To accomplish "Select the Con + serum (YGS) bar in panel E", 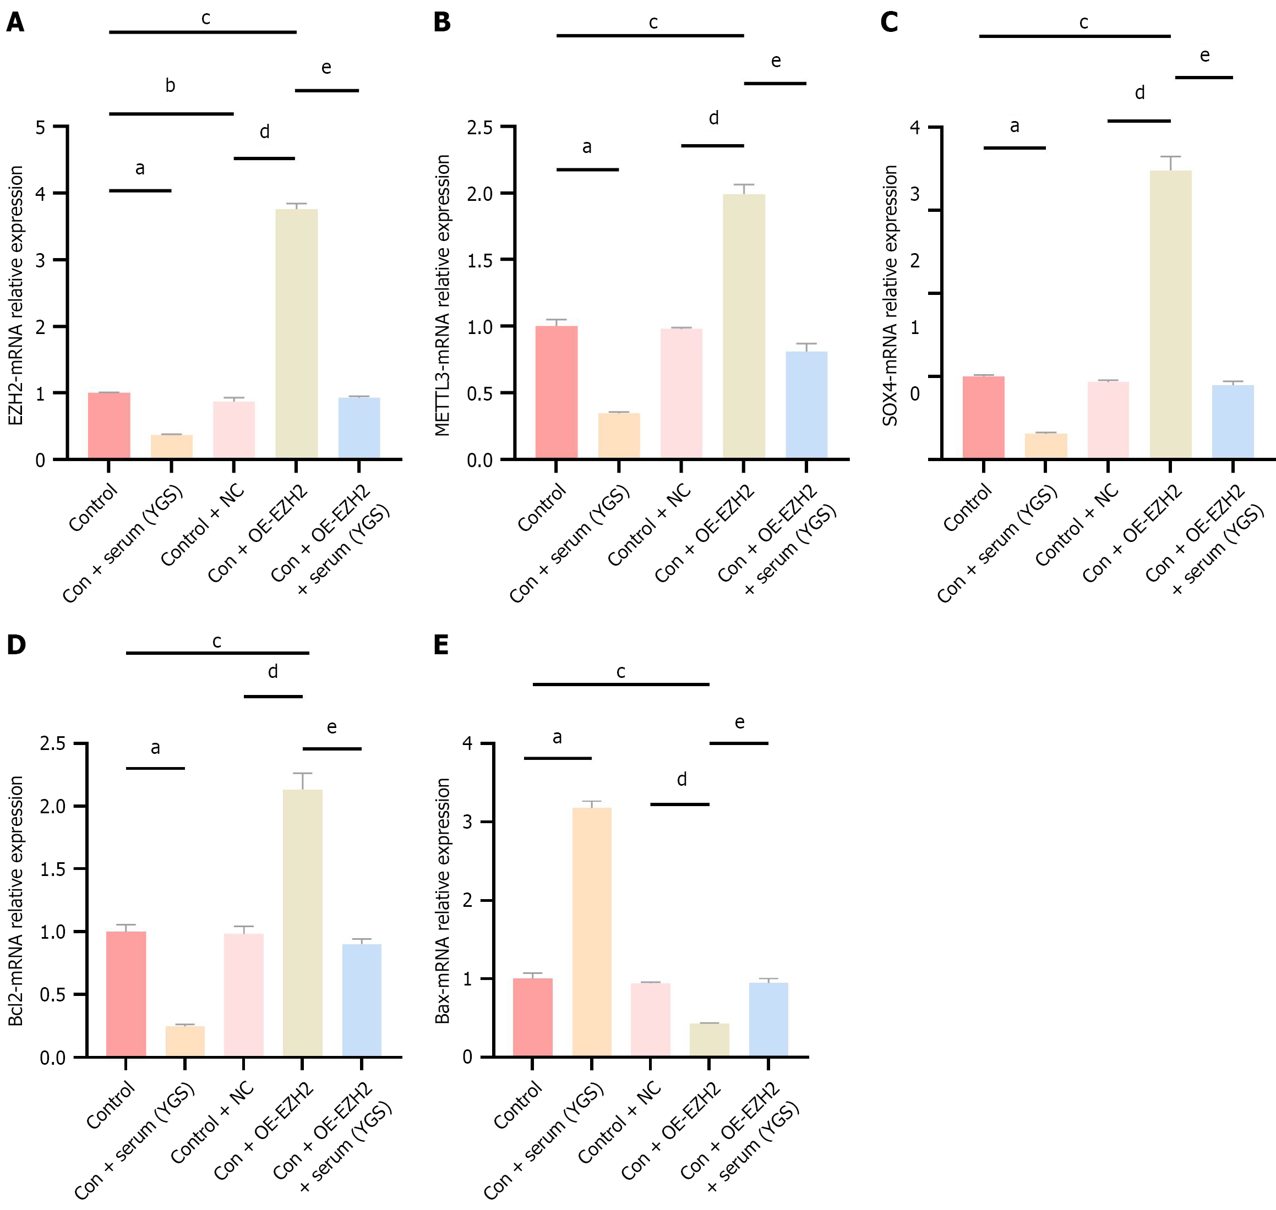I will tap(592, 932).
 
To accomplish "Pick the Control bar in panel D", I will tap(126, 993).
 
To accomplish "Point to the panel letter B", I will tap(442, 23).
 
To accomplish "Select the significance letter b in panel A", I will tap(170, 86).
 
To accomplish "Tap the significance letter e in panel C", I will tap(1204, 56).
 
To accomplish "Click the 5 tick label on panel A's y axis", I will tap(41, 128).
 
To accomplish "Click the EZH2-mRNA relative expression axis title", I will tap(16, 295).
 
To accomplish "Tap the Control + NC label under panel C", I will tap(1077, 526).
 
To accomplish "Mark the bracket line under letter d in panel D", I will tap(273, 697).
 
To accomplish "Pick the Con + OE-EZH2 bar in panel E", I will tap(709, 1039).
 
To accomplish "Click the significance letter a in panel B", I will tap(586, 147).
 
